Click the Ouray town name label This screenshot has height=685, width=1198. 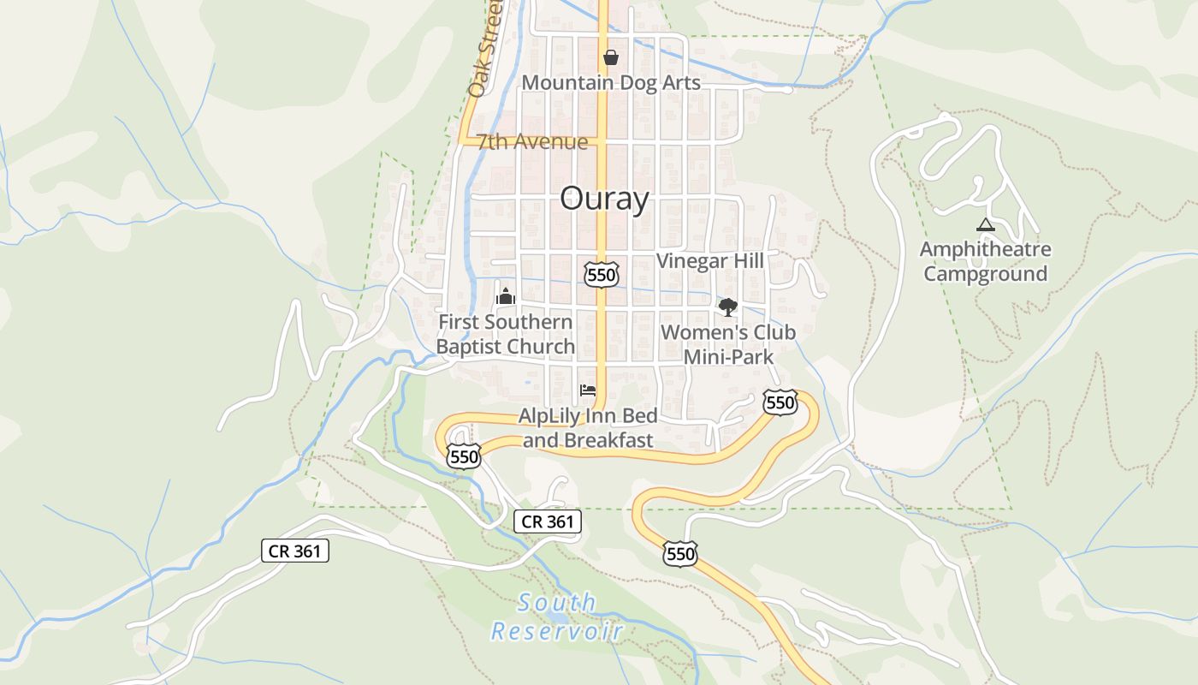pyautogui.click(x=604, y=200)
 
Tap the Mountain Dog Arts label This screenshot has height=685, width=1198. pyautogui.click(x=611, y=83)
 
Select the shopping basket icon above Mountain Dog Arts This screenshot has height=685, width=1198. pyautogui.click(x=611, y=58)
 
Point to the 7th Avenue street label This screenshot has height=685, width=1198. pyautogui.click(x=532, y=141)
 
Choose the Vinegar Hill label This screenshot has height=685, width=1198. pyautogui.click(x=709, y=261)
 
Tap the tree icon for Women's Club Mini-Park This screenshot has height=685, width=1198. pyautogui.click(x=727, y=307)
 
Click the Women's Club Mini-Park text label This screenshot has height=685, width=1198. pyautogui.click(x=728, y=344)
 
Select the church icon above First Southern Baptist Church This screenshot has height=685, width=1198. pyautogui.click(x=506, y=297)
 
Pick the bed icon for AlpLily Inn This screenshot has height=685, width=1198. pyautogui.click(x=587, y=390)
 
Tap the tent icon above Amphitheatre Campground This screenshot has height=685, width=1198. pyautogui.click(x=985, y=225)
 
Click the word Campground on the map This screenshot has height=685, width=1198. pyautogui.click(x=985, y=274)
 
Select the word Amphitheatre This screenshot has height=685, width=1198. pyautogui.click(x=985, y=250)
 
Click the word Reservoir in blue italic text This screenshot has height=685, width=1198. pyautogui.click(x=556, y=632)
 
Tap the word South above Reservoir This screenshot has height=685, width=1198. pyautogui.click(x=557, y=603)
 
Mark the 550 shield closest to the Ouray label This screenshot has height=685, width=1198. pyautogui.click(x=602, y=275)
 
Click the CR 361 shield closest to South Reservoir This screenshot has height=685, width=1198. pyautogui.click(x=548, y=521)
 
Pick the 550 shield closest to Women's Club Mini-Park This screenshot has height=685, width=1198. pyautogui.click(x=780, y=402)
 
